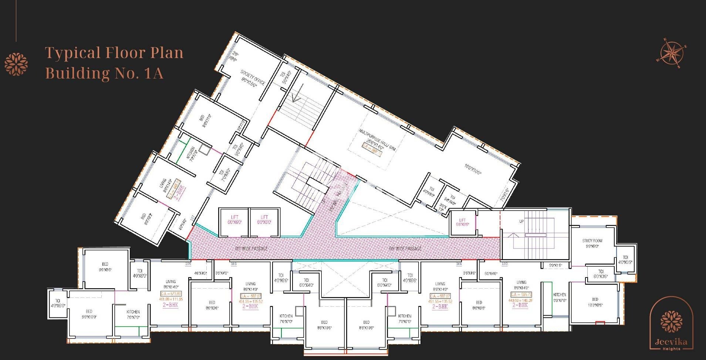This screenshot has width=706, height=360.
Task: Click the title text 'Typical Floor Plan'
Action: tap(114, 53)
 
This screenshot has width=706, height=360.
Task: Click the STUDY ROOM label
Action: tap(592, 243)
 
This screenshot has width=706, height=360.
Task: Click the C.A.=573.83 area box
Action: tap(170, 294)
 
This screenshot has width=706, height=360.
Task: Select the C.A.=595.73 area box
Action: tap(521, 295)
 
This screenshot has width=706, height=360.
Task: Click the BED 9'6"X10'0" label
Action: tap(89, 314)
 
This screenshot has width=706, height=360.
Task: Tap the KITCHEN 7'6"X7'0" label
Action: tap(133, 314)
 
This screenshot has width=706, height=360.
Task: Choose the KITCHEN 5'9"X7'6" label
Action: tap(560, 297)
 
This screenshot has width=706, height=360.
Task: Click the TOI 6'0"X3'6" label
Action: tap(601, 274)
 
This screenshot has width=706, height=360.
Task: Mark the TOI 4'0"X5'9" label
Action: tap(625, 260)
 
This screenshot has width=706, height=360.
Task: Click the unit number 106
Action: tap(188, 264)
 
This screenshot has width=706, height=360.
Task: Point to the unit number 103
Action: tap(504, 264)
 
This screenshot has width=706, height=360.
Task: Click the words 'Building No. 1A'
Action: tap(104, 73)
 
